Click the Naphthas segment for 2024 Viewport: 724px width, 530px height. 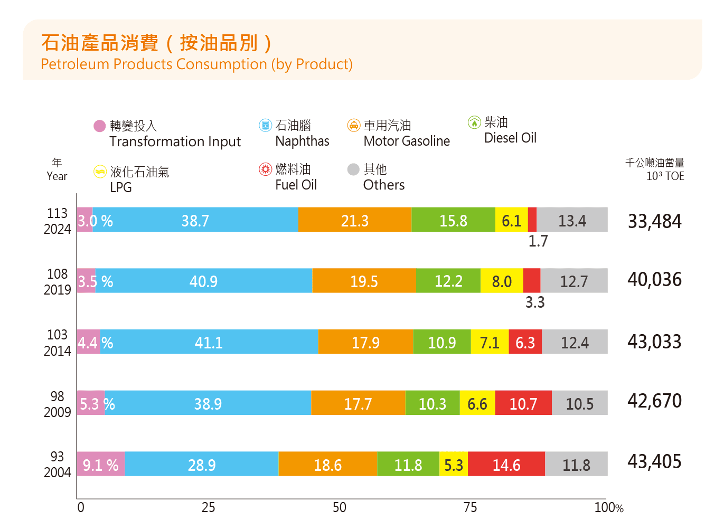point(195,220)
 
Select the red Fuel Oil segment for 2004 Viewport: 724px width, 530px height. point(506,464)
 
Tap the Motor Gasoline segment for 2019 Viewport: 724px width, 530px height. point(364,281)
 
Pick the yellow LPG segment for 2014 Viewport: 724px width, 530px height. point(490,342)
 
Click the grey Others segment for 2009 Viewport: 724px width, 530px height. point(579,403)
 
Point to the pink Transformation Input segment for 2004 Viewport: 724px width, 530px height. point(100,464)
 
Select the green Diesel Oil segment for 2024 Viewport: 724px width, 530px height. point(453,220)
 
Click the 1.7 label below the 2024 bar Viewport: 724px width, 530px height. point(538,241)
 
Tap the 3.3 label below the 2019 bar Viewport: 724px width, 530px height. point(534,302)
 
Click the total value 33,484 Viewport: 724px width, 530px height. point(654,221)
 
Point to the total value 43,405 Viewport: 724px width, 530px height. point(654,462)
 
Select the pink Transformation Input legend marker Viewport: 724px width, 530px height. point(99,126)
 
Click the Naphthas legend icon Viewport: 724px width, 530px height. point(265,125)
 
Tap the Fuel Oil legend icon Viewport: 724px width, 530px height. point(265,169)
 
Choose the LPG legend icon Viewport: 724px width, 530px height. point(99,172)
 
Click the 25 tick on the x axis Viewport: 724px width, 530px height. point(208,507)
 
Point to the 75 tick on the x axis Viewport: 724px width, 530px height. point(470,507)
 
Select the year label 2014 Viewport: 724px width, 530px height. point(57,351)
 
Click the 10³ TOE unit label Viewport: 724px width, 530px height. point(665,176)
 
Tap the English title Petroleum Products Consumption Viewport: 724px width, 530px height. point(196,64)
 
